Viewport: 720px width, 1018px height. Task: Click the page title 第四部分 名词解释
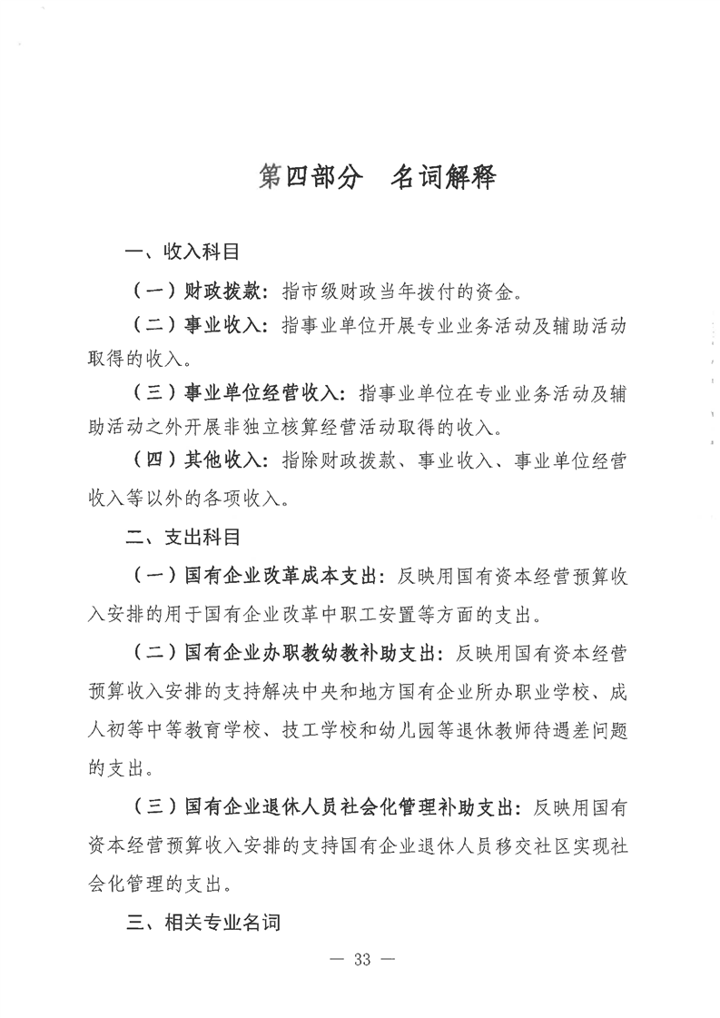[x=377, y=177]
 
